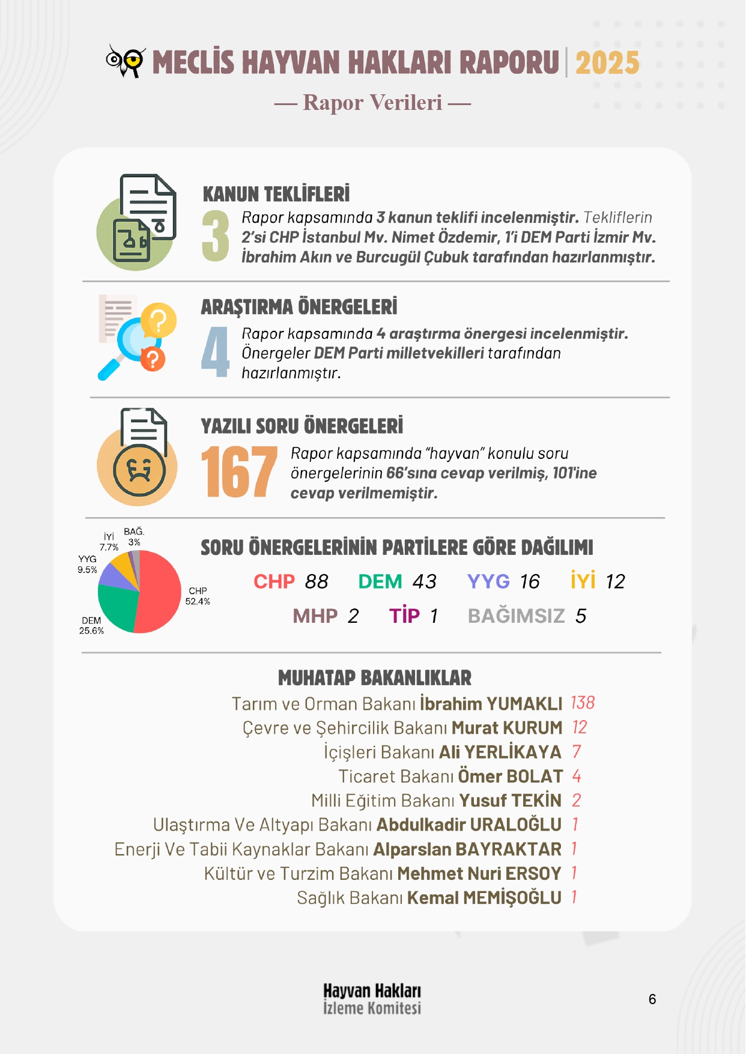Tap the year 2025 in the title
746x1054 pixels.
click(x=607, y=62)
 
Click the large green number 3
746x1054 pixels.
click(x=216, y=236)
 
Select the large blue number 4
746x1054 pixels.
click(x=216, y=353)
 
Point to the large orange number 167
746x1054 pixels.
click(x=239, y=472)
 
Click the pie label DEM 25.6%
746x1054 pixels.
click(x=91, y=625)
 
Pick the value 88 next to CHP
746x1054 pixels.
click(x=317, y=581)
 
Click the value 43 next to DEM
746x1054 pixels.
click(x=424, y=581)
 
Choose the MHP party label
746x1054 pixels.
click(x=315, y=616)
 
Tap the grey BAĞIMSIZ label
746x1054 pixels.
click(x=516, y=616)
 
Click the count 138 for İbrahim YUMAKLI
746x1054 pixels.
click(x=582, y=703)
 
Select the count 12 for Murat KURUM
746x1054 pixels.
click(x=579, y=727)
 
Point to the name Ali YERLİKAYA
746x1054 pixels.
click(x=500, y=752)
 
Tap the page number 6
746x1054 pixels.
click(x=652, y=999)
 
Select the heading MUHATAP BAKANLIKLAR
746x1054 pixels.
click(x=375, y=678)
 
